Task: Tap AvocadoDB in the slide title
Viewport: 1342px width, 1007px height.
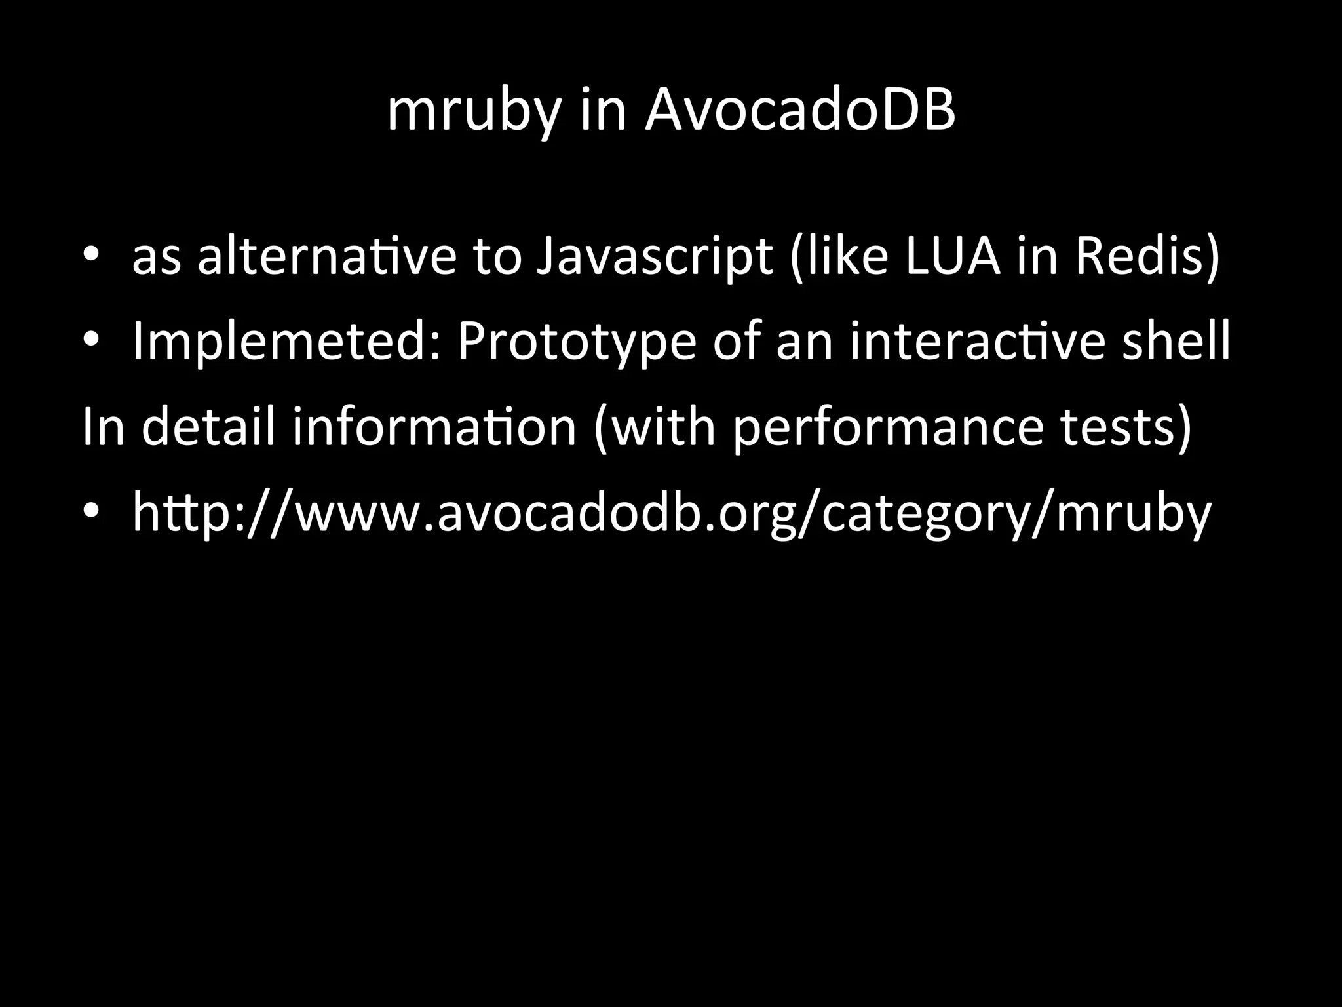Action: tap(799, 110)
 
